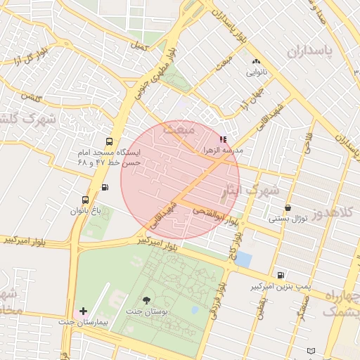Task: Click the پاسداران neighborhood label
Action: [x=308, y=51]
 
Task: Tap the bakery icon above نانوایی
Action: [x=256, y=62]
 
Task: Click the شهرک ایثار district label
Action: [x=251, y=190]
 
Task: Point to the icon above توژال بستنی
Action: [x=288, y=208]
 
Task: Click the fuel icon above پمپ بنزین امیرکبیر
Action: [x=281, y=276]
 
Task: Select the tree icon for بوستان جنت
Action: [x=146, y=300]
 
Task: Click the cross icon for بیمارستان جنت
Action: [x=84, y=310]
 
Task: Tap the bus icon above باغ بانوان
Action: [x=86, y=200]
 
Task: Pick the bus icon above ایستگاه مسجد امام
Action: [x=108, y=141]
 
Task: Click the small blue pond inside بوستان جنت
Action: [x=195, y=309]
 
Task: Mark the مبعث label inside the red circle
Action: [x=178, y=129]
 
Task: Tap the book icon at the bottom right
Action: [x=311, y=350]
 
